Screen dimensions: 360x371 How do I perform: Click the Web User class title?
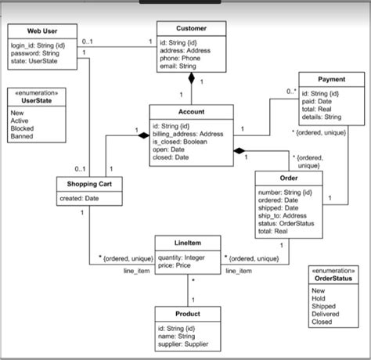click(x=44, y=31)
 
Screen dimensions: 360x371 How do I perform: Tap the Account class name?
click(x=190, y=112)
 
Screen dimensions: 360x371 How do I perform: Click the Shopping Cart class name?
click(x=88, y=184)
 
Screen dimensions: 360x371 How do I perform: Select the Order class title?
click(x=289, y=178)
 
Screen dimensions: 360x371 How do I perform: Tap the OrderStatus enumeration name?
click(x=333, y=278)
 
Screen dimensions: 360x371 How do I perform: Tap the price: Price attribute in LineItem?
click(x=175, y=265)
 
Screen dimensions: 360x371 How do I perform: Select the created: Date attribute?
click(x=81, y=199)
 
